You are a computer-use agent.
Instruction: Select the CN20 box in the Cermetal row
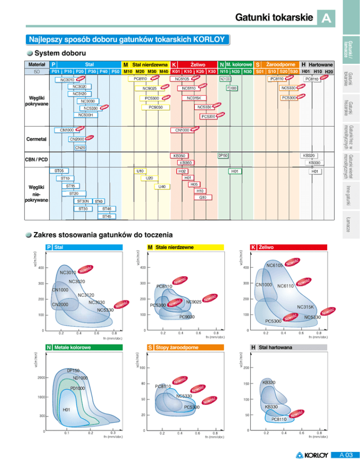coord(80,148)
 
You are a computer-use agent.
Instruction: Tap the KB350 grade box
coord(180,156)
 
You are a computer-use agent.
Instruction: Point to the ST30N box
coord(83,201)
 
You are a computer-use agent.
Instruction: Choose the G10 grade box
coord(202,198)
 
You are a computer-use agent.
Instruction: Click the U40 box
coord(162,187)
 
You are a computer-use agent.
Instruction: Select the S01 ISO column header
coord(259,71)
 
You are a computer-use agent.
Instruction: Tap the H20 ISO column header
coord(329,71)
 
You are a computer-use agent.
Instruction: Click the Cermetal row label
coord(36,139)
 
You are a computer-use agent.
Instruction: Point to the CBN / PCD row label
coord(36,159)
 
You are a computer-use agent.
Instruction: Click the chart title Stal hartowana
coord(275,347)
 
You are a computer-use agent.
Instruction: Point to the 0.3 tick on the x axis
coord(113,432)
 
